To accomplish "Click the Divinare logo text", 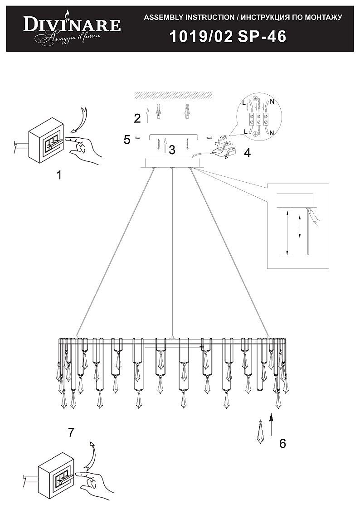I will (72, 25).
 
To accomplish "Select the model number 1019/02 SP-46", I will (228, 37).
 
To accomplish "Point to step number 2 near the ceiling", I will (137, 119).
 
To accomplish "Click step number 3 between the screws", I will (172, 150).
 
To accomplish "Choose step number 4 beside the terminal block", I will (247, 153).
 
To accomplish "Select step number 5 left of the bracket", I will (127, 139).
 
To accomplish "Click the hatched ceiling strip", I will (173, 95).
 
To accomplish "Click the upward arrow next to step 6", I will (271, 423).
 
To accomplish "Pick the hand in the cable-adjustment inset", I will (315, 219).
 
